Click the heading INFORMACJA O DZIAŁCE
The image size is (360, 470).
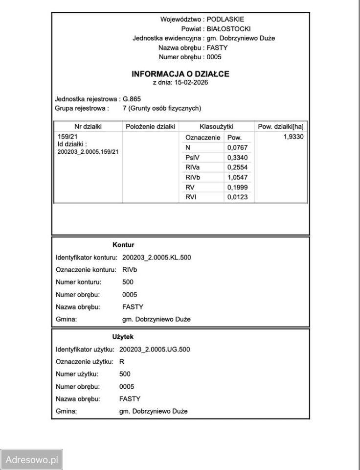point(180,74)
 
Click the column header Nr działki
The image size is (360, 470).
point(88,126)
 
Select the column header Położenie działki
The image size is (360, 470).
point(150,126)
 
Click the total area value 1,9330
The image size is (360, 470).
point(293,137)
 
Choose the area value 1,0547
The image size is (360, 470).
point(237,178)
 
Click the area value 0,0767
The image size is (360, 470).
point(237,148)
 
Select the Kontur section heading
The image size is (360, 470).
point(123,245)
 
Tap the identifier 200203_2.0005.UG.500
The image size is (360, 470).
point(155,350)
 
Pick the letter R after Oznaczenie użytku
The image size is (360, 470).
point(122,362)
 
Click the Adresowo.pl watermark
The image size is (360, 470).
point(32,460)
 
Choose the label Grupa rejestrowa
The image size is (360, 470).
point(81,108)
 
